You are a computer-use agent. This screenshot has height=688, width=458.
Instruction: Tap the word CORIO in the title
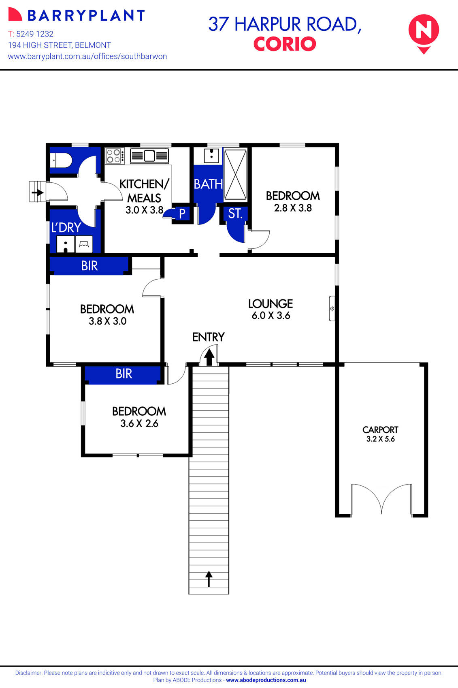click(284, 44)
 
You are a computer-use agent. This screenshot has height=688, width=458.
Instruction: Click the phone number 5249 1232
click(35, 34)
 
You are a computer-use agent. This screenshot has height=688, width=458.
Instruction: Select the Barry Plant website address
click(87, 56)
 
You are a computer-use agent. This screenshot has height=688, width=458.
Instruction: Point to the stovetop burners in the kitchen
click(115, 156)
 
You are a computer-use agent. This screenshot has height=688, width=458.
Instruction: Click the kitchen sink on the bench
click(149, 156)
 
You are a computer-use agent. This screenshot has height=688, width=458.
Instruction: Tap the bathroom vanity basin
click(211, 155)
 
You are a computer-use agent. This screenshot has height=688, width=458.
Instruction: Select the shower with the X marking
click(235, 175)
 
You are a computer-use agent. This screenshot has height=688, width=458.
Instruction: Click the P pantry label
click(182, 214)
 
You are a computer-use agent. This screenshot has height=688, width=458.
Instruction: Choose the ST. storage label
click(235, 214)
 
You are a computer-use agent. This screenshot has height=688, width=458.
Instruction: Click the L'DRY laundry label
click(66, 228)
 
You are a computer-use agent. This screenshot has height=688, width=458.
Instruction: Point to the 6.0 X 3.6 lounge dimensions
click(271, 316)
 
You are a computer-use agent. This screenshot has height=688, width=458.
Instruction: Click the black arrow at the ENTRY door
click(209, 357)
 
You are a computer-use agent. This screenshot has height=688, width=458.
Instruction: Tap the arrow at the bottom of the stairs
click(209, 579)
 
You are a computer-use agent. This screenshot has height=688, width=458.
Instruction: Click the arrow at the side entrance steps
click(38, 192)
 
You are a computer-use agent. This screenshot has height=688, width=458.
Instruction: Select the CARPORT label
click(380, 429)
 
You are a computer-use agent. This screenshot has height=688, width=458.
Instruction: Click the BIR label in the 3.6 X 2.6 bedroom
click(124, 374)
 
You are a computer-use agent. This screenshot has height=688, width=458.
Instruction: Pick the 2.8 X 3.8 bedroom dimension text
click(293, 208)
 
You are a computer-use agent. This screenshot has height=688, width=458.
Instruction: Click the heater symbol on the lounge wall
click(332, 309)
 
